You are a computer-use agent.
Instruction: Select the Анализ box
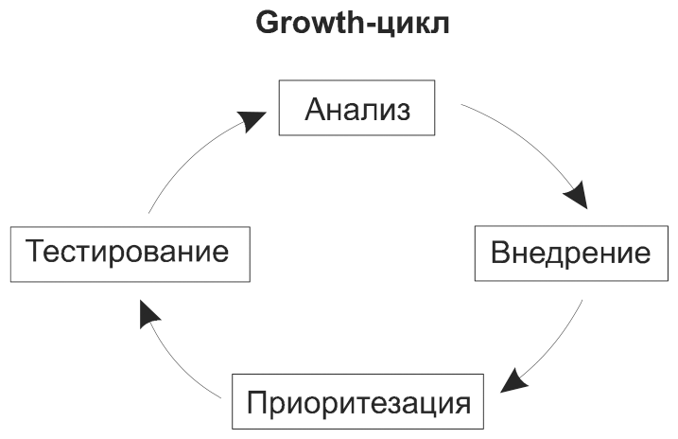(x=357, y=110)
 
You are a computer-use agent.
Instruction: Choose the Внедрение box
(x=571, y=254)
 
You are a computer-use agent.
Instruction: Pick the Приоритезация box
(x=358, y=402)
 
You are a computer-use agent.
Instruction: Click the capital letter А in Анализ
(x=315, y=110)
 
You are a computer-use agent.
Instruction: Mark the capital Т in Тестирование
(x=36, y=253)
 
